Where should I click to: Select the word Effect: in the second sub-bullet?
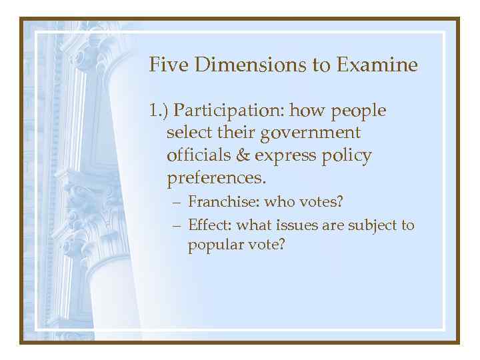[209, 225]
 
